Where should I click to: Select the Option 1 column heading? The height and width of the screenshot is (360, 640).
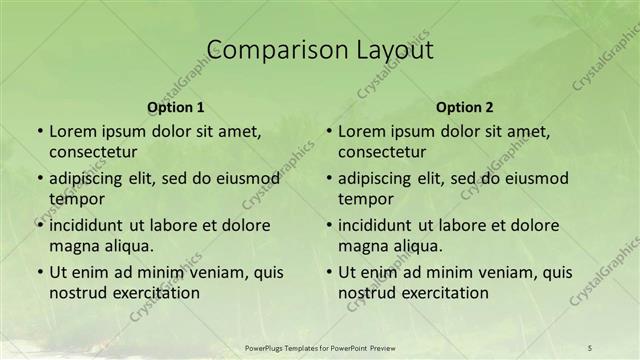pos(176,107)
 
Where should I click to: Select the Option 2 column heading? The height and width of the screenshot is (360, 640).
pos(465,107)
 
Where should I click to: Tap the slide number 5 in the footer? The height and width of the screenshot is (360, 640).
pos(590,347)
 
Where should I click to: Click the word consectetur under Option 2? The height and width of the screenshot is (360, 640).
pos(383,152)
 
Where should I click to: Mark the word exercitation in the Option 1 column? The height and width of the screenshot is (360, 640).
pos(156,293)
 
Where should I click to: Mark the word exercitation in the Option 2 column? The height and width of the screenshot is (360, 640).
pos(445,293)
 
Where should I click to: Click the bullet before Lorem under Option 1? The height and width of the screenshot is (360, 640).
pos(39,131)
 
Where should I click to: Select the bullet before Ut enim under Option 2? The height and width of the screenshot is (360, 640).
pos(329,272)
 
